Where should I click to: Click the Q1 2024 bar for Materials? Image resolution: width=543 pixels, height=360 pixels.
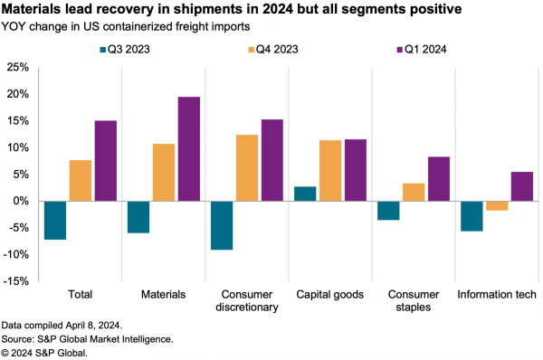[189, 148]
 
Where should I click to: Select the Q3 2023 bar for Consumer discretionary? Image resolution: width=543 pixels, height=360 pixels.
[220, 224]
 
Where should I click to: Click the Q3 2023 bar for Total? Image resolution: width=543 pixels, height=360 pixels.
[55, 220]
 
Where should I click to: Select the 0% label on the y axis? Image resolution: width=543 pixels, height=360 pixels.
[23, 201]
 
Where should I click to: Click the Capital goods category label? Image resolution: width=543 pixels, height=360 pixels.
[330, 295]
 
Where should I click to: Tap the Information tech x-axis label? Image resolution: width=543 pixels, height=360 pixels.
[496, 295]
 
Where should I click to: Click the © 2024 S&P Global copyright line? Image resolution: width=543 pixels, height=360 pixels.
[44, 352]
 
